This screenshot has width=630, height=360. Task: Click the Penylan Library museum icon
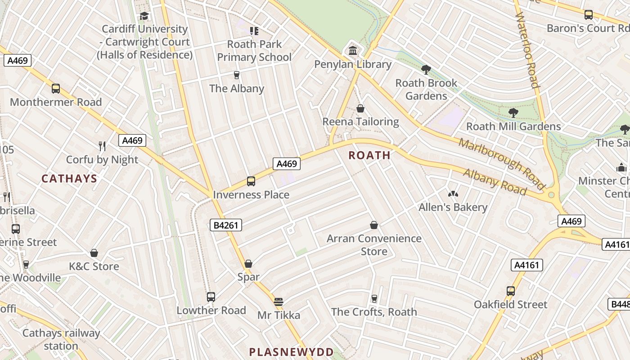(x=353, y=50)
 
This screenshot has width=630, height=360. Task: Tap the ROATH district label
(x=369, y=155)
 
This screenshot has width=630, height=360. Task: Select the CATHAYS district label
(x=69, y=179)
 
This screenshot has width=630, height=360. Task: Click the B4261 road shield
(x=226, y=225)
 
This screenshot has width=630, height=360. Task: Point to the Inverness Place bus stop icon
(x=251, y=181)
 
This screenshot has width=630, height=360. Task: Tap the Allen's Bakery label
(x=453, y=207)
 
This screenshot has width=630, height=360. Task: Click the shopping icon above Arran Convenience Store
(x=373, y=225)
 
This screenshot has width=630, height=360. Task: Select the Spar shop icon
(x=248, y=264)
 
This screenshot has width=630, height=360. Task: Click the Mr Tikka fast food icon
(x=279, y=301)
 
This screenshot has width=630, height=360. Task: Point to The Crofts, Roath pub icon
(x=374, y=298)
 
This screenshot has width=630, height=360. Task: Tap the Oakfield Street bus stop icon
(x=510, y=291)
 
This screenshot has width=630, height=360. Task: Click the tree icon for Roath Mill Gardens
(x=513, y=112)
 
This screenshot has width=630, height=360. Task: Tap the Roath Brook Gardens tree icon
(x=426, y=69)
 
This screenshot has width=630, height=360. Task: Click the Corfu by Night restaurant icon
(x=102, y=146)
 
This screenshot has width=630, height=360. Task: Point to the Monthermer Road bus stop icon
(x=56, y=89)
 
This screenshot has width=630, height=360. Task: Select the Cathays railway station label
(x=61, y=339)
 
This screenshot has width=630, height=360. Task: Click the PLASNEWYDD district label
(x=292, y=352)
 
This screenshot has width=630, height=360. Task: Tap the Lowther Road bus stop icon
(x=211, y=297)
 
